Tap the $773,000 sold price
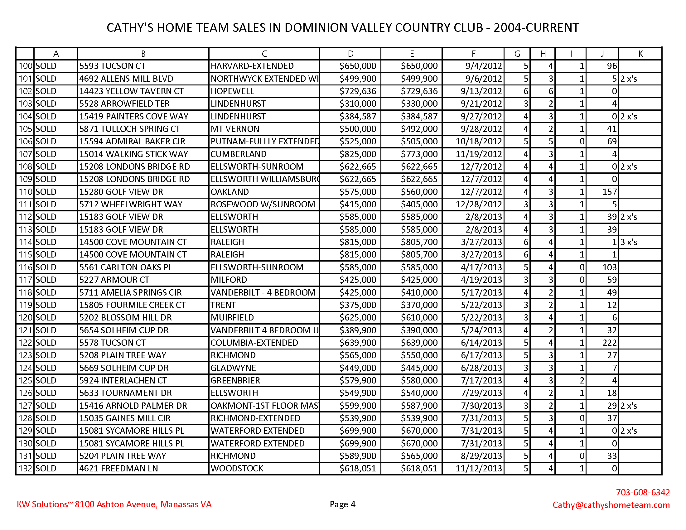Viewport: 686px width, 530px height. coord(419,154)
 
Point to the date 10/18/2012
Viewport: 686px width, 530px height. coord(479,142)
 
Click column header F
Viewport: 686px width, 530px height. coord(473,54)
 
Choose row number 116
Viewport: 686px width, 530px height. coord(25,267)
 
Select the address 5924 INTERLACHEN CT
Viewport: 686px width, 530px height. coord(123,380)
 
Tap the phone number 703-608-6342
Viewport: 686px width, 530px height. coord(643,492)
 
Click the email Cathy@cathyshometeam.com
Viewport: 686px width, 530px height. coord(611,504)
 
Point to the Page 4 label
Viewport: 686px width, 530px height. coord(342,504)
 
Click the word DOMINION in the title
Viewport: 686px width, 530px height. coord(316,28)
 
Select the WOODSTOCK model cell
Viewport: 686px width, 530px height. coord(237,468)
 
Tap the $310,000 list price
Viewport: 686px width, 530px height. coord(357,104)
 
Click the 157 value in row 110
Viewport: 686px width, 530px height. coord(609,192)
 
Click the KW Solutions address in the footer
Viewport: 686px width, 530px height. coord(114,504)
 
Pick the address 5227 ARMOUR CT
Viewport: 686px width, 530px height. coord(114,280)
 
